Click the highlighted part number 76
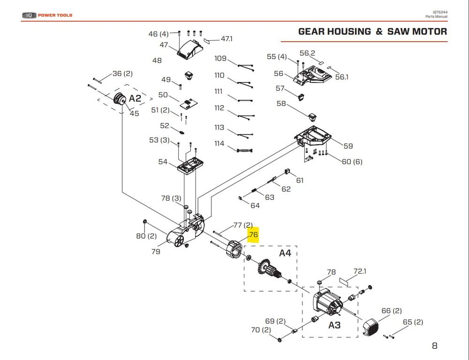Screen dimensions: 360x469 [253, 235]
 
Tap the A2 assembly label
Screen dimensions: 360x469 [135, 98]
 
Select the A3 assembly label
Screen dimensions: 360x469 [334, 325]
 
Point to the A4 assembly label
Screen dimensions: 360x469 [285, 253]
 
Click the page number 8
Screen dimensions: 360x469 [434, 346]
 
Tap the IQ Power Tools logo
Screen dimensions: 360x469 [47, 15]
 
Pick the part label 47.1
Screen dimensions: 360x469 [227, 39]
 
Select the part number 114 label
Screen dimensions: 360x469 [219, 143]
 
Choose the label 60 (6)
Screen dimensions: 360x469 [352, 162]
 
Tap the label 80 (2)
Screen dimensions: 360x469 [146, 236]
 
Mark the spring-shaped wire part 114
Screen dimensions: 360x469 [244, 150]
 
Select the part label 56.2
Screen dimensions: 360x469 [308, 53]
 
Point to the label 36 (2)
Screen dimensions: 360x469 [122, 74]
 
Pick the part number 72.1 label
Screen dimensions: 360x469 [359, 271]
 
